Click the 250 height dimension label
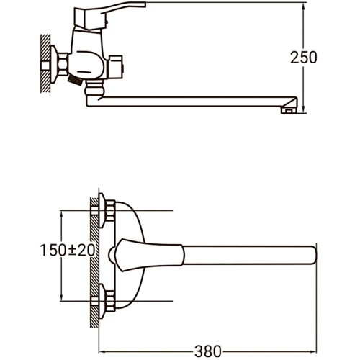(304, 58)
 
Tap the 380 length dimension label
(208, 352)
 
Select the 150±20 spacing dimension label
(68, 250)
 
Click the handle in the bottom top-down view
(149, 255)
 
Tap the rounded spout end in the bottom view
(312, 255)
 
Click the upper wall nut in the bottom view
(109, 210)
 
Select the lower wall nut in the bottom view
(109, 301)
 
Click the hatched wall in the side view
(45, 63)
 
